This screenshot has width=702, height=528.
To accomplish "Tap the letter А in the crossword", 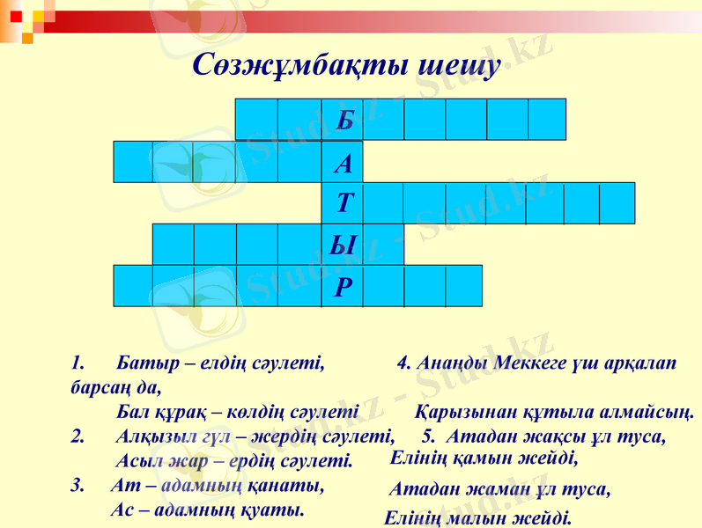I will (344, 163).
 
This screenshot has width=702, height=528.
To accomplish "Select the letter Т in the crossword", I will (344, 204).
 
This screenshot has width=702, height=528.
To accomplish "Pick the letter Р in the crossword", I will (344, 286).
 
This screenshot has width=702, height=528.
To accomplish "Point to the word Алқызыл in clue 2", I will (147, 435).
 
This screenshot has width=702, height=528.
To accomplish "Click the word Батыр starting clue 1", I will (139, 362).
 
